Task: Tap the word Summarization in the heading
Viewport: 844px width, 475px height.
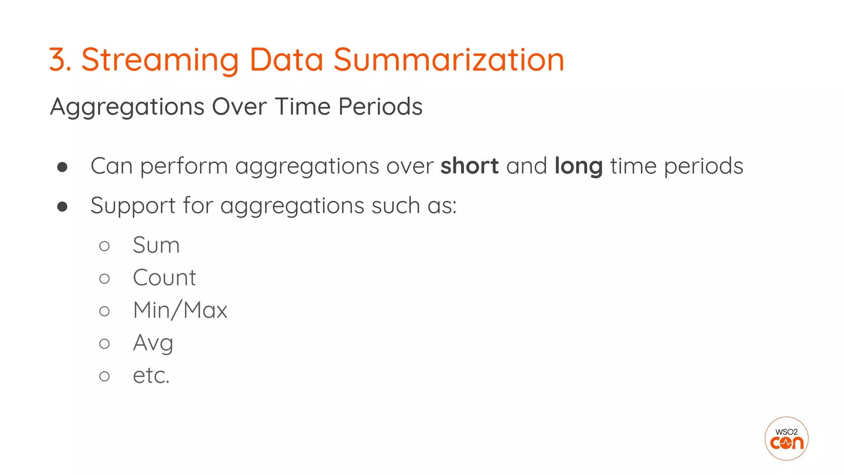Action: [x=449, y=60]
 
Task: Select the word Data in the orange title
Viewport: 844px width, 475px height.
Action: [x=286, y=60]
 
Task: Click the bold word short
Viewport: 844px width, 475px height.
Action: [x=469, y=166]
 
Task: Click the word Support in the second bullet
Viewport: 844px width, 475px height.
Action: [x=133, y=206]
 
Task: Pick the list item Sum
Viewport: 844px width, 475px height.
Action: [x=156, y=245]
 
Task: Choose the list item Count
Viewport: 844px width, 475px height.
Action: [x=164, y=277]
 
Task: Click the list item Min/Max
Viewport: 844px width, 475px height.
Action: [x=180, y=310]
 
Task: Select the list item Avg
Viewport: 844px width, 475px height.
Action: [x=153, y=343]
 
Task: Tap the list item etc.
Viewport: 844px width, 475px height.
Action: [x=151, y=376]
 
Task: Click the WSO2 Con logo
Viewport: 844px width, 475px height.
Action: [x=786, y=438]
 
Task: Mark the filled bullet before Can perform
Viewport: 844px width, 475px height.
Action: [x=62, y=167]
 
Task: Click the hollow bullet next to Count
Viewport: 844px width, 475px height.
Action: [x=105, y=279]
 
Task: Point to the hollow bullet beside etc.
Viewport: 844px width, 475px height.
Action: [x=105, y=376]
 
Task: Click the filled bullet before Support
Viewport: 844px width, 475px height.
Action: [x=62, y=206]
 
